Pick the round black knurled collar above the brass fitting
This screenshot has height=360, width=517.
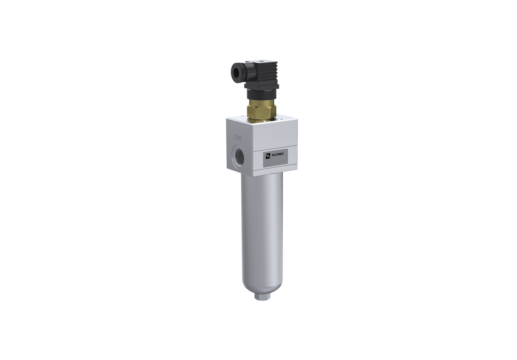coord(261,94)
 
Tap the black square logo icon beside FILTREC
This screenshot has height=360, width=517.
coord(268,156)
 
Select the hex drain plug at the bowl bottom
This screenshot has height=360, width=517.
coord(260,297)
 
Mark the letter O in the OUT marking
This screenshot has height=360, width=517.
coord(236,138)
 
